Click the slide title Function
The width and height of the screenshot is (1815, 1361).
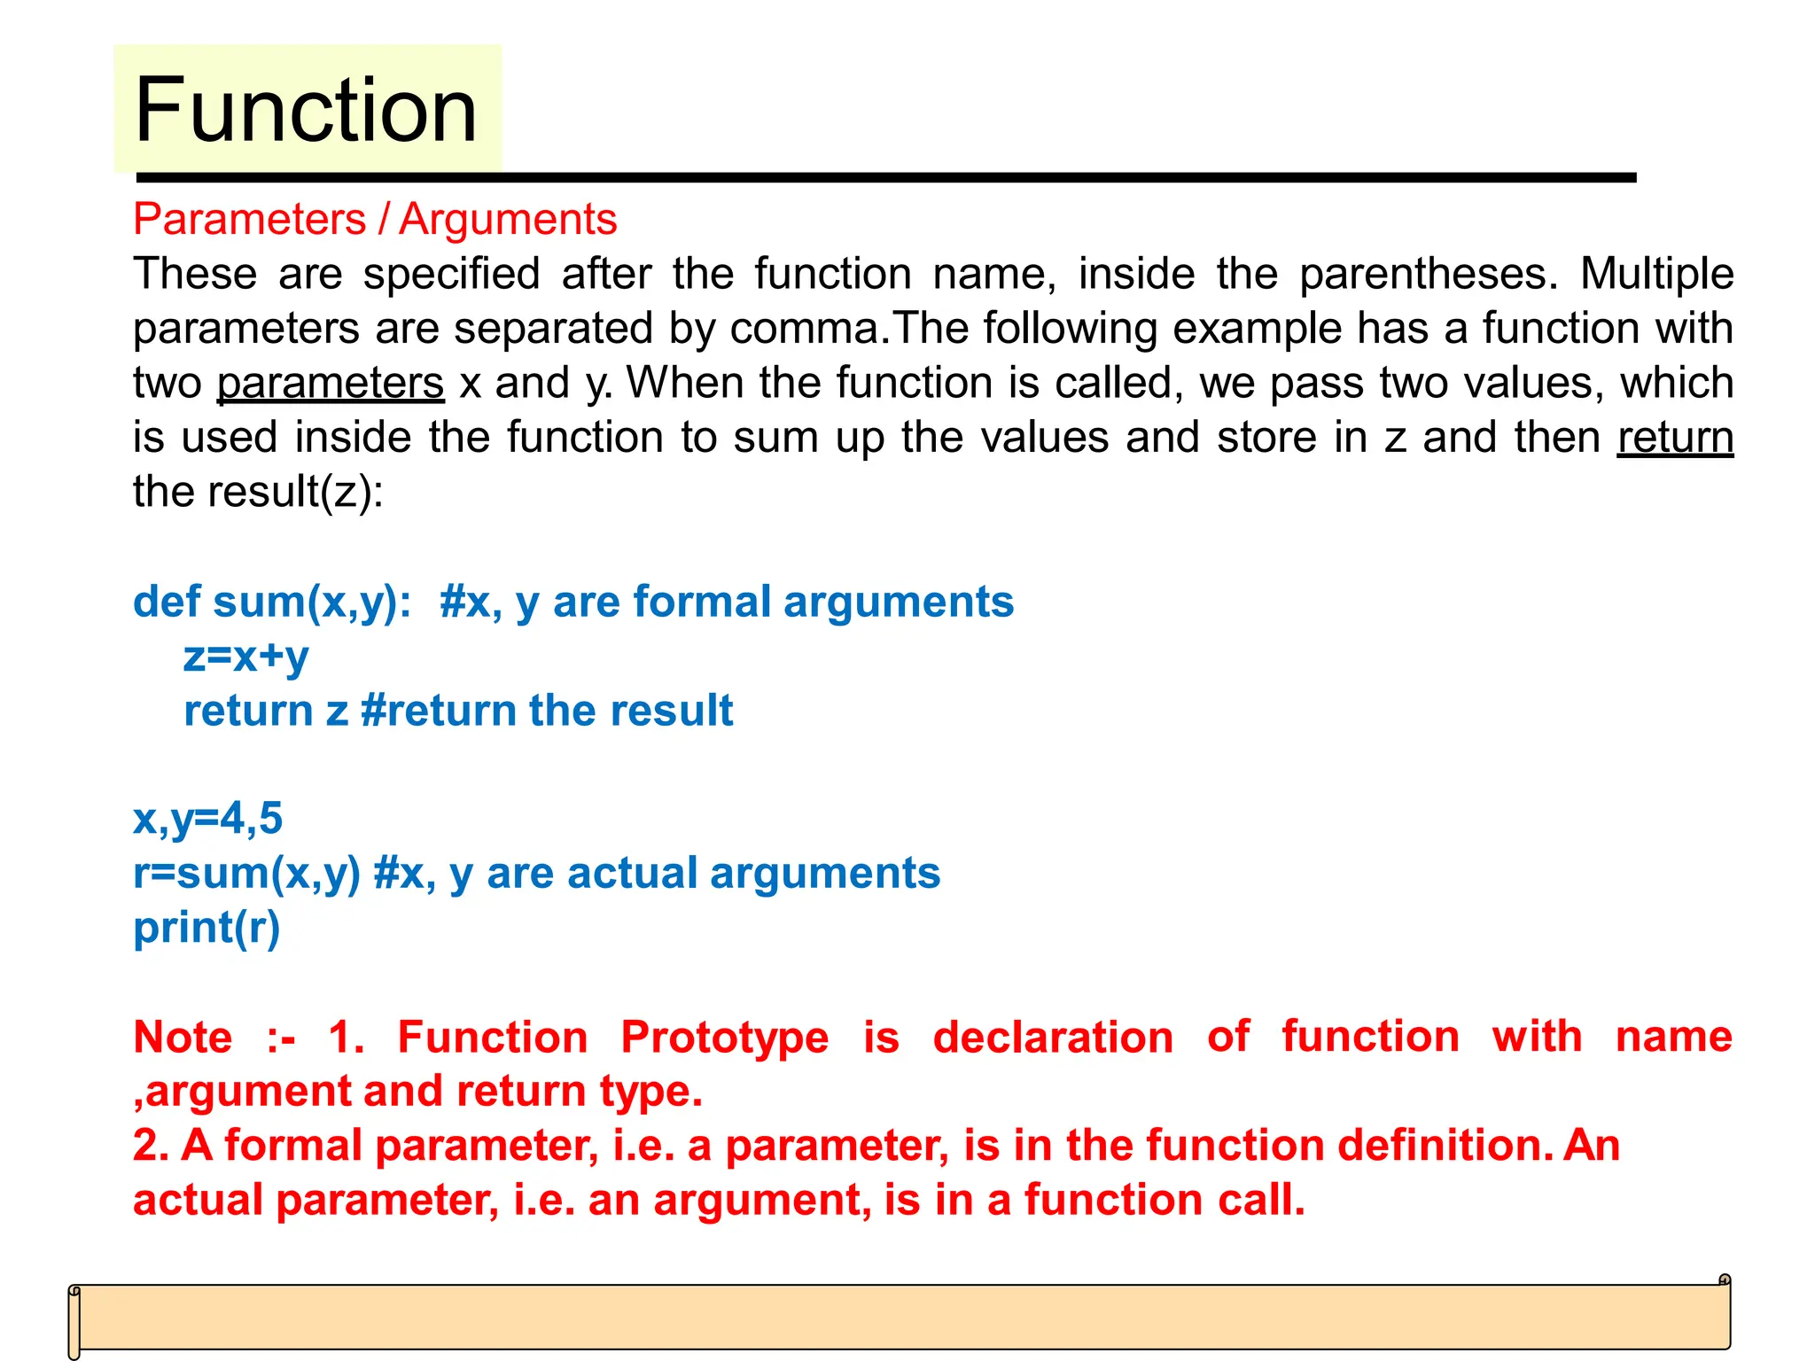(x=306, y=110)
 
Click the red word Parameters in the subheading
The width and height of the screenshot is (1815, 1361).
(x=249, y=219)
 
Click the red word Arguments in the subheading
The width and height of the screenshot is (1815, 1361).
(x=507, y=219)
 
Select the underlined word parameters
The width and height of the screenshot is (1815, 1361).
(x=331, y=384)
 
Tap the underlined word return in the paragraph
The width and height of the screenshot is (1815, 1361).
(x=1674, y=438)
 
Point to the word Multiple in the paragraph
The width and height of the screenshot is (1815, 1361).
(x=1655, y=274)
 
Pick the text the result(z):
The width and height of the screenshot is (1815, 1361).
(x=258, y=492)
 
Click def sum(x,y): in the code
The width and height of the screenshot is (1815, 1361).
(x=272, y=603)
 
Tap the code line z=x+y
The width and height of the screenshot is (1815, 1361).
(x=245, y=657)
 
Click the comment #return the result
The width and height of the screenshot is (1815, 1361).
(x=547, y=711)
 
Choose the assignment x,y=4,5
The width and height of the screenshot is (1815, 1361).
(x=207, y=819)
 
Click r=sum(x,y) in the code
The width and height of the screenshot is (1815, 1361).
(x=246, y=874)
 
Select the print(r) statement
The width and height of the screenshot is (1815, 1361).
(x=206, y=928)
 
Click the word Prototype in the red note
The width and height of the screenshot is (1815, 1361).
(x=724, y=1038)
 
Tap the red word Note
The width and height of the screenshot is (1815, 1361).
(x=183, y=1038)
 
